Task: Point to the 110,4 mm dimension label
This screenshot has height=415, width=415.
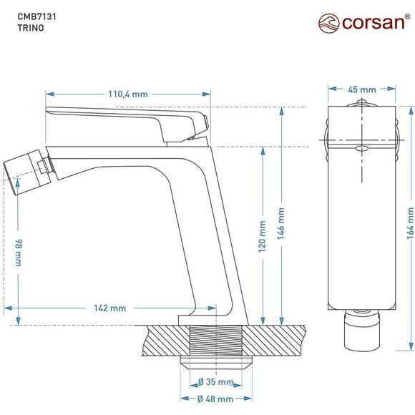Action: (128, 94)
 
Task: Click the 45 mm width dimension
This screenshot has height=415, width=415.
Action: (362, 89)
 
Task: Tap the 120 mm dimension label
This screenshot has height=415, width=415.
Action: (263, 237)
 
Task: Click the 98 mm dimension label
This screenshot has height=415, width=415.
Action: (16, 253)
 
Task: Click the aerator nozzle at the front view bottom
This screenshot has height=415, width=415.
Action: (362, 330)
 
